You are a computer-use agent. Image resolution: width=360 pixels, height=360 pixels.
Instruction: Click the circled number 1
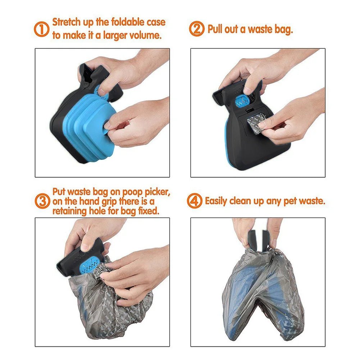coord(41,29)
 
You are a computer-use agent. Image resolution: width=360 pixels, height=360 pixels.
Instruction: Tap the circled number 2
coord(197,29)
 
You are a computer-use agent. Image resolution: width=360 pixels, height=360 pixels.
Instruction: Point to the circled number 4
coord(195,201)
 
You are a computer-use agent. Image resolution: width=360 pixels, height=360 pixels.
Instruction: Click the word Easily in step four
coord(216,201)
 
